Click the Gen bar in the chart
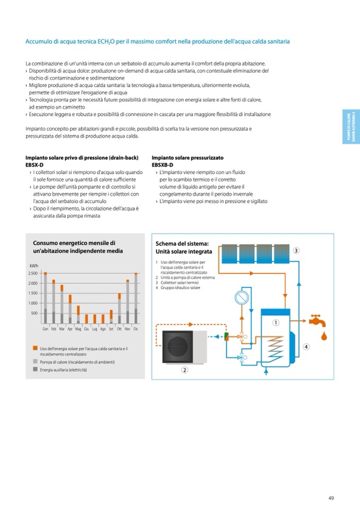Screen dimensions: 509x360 pyautogui.click(x=46, y=298)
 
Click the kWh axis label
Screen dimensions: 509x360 pyautogui.click(x=33, y=265)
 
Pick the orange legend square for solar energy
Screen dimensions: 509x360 pyautogui.click(x=35, y=349)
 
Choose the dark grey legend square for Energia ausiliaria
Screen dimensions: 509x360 pyautogui.click(x=35, y=369)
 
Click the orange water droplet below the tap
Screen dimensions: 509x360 pyautogui.click(x=324, y=335)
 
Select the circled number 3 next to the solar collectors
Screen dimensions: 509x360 pyautogui.click(x=296, y=250)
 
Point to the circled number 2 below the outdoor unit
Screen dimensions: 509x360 pyautogui.click(x=184, y=370)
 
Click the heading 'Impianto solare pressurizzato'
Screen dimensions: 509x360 pyautogui.click(x=187, y=158)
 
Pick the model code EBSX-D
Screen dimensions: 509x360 pyautogui.click(x=35, y=165)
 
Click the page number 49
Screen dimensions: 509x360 pyautogui.click(x=331, y=498)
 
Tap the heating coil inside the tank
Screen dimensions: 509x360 pyautogui.click(x=275, y=344)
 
